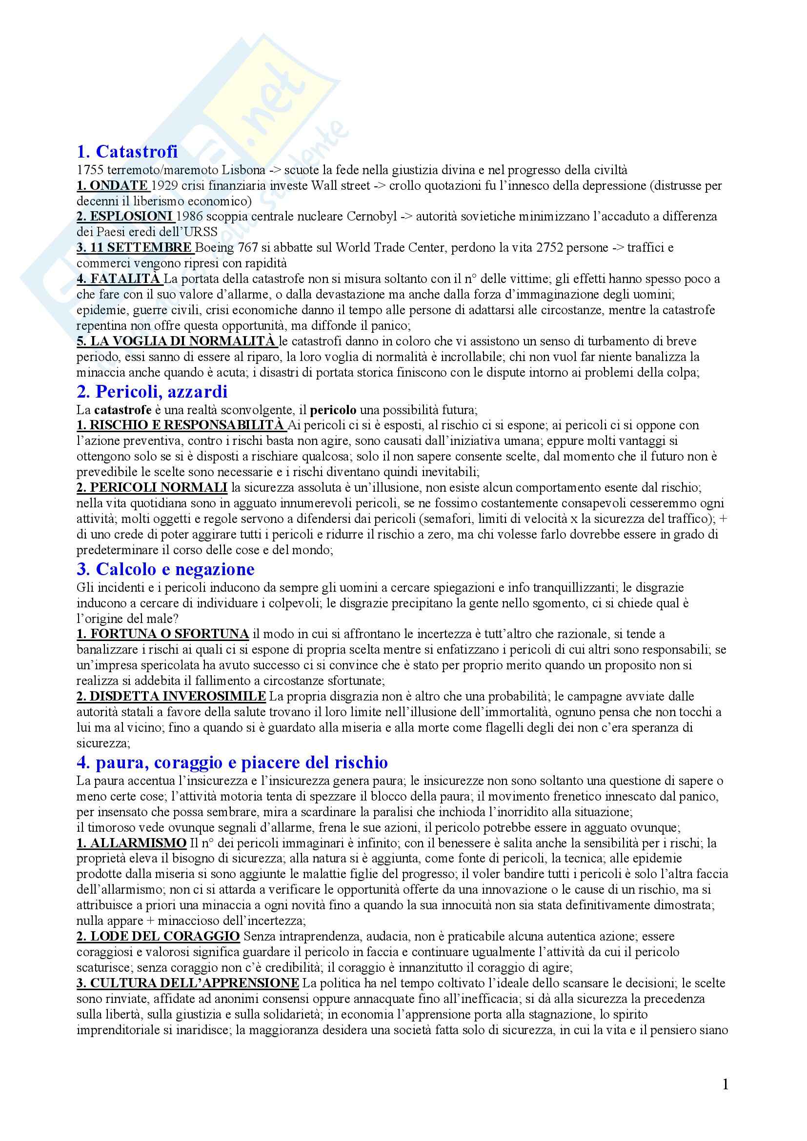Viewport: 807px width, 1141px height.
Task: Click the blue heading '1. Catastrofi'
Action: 127,151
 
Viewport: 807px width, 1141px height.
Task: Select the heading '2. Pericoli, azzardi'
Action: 152,392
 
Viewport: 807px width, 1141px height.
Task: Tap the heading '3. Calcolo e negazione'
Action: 165,568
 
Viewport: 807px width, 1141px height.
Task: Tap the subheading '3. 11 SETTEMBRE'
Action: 134,247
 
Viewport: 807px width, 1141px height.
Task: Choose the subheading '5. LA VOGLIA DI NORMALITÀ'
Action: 176,341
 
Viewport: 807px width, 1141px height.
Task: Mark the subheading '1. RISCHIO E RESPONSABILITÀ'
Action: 181,425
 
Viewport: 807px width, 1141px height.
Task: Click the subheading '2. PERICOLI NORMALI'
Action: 152,488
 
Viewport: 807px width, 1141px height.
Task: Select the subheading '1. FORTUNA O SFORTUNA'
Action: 162,634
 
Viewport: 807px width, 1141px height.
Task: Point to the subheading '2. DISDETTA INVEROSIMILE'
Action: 171,696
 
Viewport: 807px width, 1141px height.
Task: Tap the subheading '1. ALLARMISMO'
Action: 131,843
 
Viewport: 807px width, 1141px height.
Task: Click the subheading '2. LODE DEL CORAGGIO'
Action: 158,937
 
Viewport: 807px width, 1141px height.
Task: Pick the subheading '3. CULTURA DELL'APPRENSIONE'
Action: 188,983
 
